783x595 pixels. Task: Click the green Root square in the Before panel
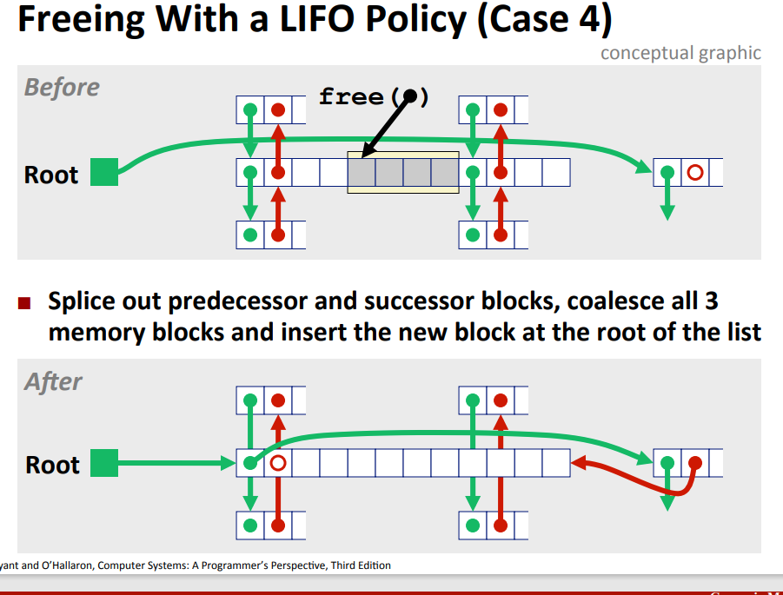coord(104,172)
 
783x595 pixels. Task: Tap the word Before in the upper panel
coord(62,87)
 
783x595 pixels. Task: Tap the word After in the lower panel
coord(53,381)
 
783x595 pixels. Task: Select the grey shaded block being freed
coord(402,172)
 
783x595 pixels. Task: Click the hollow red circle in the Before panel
coord(694,172)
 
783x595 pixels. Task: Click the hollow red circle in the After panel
coord(277,463)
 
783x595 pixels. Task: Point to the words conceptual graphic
coord(680,53)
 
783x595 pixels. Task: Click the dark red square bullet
coord(25,304)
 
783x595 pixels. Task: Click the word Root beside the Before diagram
coord(51,175)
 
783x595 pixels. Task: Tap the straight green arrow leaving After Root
coord(174,463)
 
